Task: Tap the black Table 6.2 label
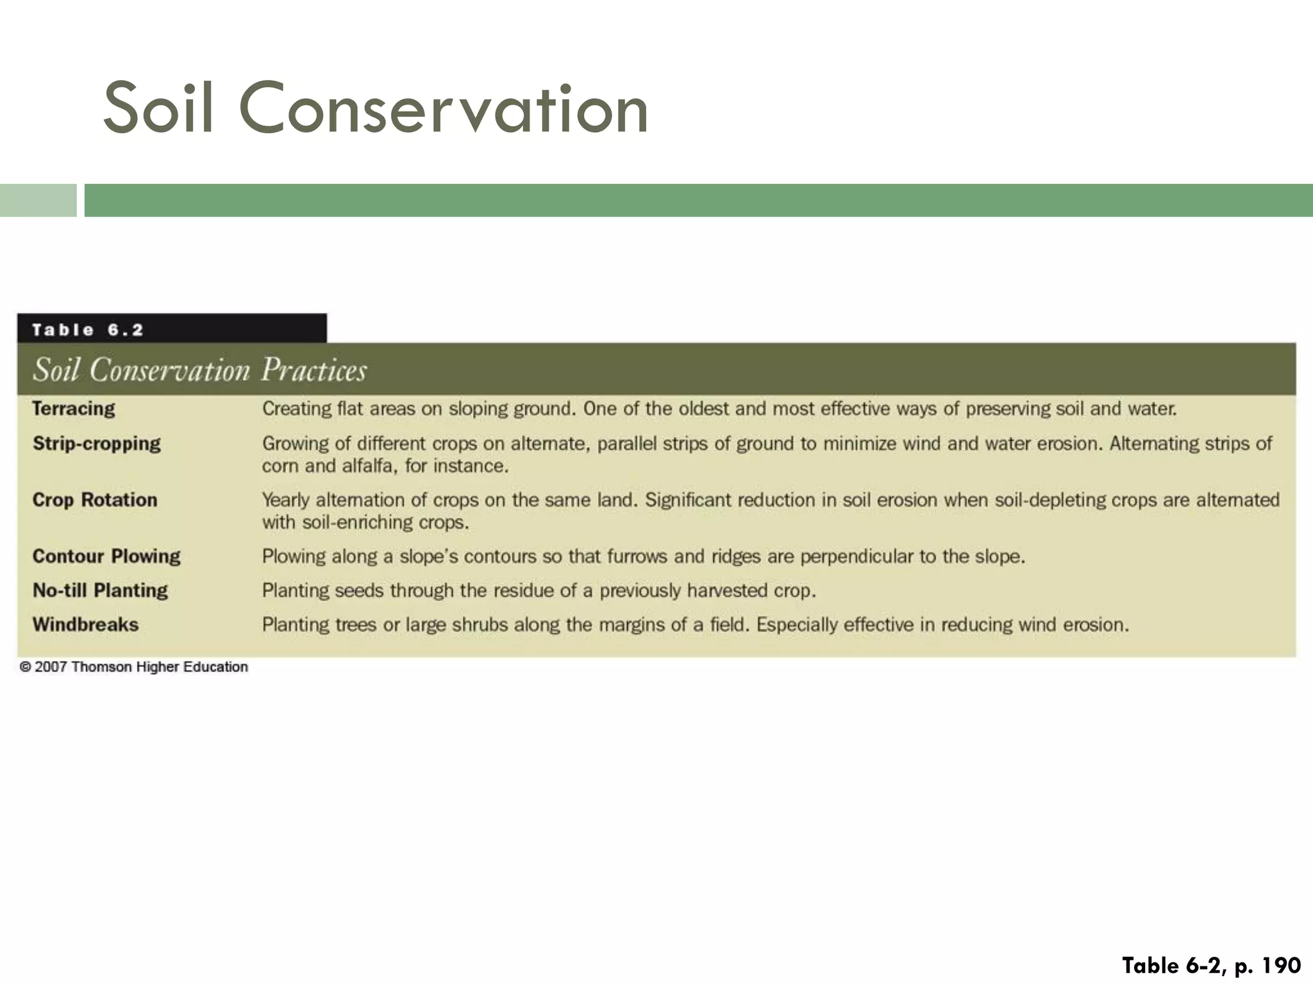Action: click(88, 330)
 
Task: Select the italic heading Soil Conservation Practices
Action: click(199, 370)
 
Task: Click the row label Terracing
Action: click(74, 408)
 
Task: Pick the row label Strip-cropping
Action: click(97, 443)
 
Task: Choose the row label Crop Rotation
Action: click(95, 500)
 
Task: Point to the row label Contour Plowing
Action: click(106, 556)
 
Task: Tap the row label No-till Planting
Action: click(100, 590)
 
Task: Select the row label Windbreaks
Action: click(85, 625)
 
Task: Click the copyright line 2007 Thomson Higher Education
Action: click(134, 667)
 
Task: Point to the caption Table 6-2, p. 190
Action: click(1211, 965)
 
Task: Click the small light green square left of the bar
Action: click(38, 200)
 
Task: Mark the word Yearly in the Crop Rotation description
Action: click(286, 500)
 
